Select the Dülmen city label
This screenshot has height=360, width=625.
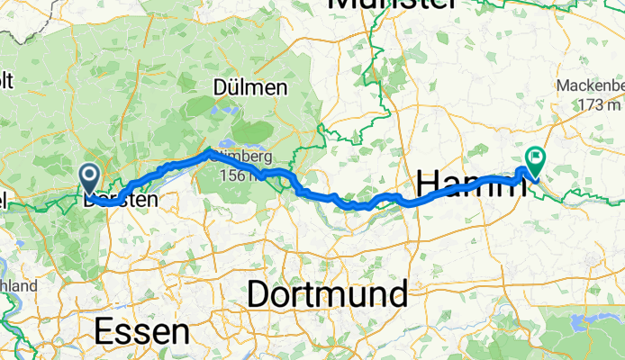point(250,88)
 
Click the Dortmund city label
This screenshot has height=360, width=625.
point(326,293)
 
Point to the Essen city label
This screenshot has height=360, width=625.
point(141,331)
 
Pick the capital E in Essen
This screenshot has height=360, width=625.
point(104,331)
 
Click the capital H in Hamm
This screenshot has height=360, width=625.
point(430,183)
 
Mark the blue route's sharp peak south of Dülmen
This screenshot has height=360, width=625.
point(211,151)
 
